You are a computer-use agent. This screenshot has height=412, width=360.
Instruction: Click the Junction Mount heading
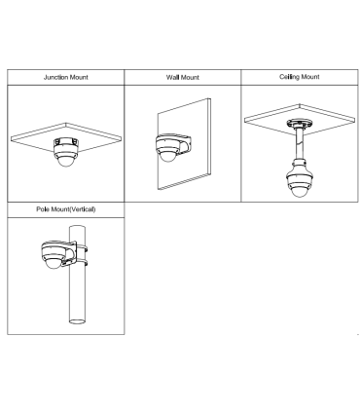click(x=66, y=77)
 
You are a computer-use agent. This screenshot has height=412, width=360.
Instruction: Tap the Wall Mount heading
click(x=183, y=77)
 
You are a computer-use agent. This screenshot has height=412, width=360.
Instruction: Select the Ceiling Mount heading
click(x=300, y=77)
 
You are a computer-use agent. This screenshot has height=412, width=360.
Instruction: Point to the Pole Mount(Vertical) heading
click(x=66, y=209)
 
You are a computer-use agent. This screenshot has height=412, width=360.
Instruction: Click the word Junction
click(x=55, y=77)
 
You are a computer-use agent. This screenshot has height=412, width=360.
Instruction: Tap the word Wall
click(x=173, y=77)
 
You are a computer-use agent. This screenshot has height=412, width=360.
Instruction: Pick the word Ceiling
click(x=289, y=77)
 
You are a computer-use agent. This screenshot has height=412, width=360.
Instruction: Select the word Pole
click(x=42, y=209)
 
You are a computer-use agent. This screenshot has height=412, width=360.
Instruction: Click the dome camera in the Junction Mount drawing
click(x=66, y=152)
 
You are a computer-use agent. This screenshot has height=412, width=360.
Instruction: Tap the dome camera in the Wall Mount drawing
click(x=167, y=148)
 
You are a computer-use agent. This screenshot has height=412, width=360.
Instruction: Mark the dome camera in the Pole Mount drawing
click(x=54, y=254)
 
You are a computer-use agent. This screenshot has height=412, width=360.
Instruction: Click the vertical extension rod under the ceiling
click(x=299, y=143)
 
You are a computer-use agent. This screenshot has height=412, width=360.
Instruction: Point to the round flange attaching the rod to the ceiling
click(x=299, y=124)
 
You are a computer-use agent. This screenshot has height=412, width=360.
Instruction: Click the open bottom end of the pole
click(x=77, y=321)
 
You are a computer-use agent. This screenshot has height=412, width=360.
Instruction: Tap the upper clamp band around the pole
click(x=81, y=249)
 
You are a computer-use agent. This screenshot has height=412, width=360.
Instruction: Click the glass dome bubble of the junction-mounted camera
click(x=66, y=162)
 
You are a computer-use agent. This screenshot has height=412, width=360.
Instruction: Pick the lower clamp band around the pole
click(x=81, y=261)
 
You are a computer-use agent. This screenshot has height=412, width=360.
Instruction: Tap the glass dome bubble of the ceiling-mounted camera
click(x=299, y=192)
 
